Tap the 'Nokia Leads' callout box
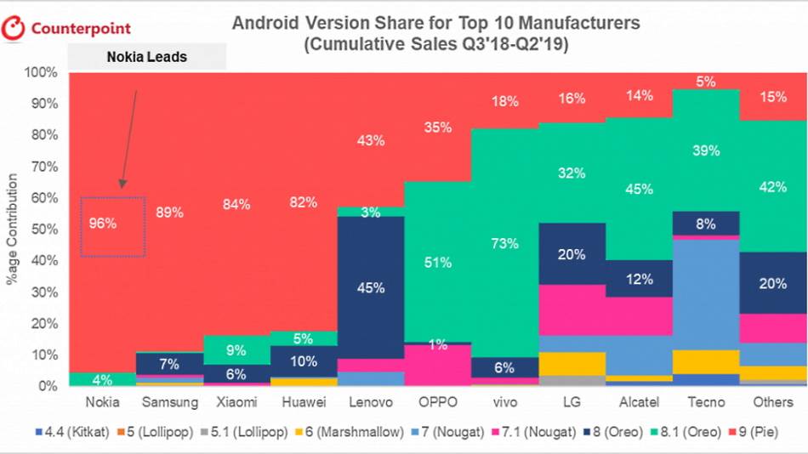pyautogui.click(x=146, y=57)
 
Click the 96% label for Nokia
pyautogui.click(x=102, y=224)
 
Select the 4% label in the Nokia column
pyautogui.click(x=102, y=380)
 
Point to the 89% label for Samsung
pyautogui.click(x=169, y=212)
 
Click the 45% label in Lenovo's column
pyautogui.click(x=370, y=287)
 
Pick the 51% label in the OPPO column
pyautogui.click(x=437, y=263)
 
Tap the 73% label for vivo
pyautogui.click(x=504, y=244)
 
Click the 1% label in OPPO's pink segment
pyautogui.click(x=437, y=343)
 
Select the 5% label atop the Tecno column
pyautogui.click(x=706, y=82)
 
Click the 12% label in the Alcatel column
pyautogui.click(x=639, y=279)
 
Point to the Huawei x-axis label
pyautogui.click(x=303, y=401)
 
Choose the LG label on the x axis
pyautogui.click(x=572, y=401)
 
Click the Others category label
pyautogui.click(x=772, y=401)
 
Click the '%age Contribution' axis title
pyautogui.click(x=12, y=230)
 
